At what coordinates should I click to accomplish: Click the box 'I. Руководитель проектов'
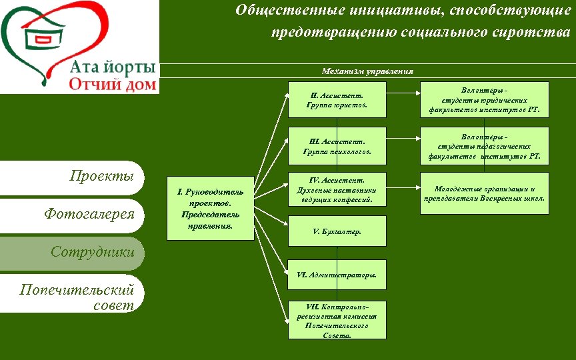[210, 208]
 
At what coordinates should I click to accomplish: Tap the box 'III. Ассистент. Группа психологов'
[337, 146]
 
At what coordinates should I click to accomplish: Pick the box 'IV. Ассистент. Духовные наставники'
[337, 190]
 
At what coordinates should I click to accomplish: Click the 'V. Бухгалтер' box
[337, 231]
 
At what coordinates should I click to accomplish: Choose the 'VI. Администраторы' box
[337, 275]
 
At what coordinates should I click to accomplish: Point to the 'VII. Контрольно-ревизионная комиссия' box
[337, 321]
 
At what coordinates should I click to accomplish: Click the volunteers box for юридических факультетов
[484, 99]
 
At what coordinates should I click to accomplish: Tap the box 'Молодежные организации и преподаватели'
[484, 193]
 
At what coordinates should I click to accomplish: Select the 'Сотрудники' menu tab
[93, 252]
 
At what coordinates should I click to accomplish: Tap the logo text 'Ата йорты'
[113, 68]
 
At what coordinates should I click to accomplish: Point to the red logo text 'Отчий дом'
[113, 84]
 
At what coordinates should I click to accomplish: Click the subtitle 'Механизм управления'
[367, 71]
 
